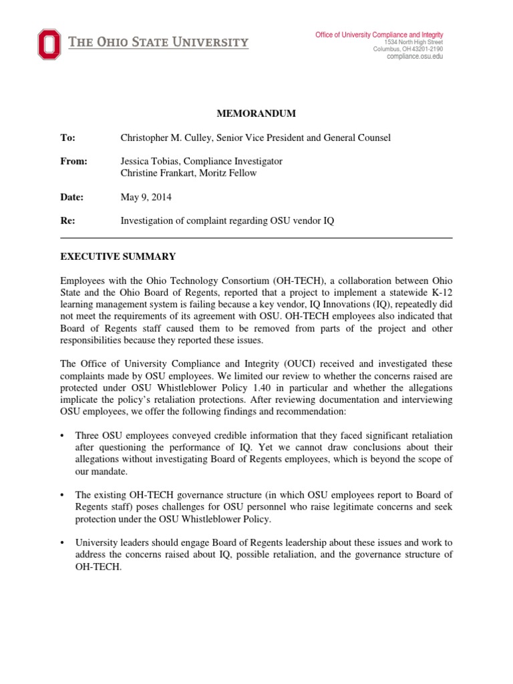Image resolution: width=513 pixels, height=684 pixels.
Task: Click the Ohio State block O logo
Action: pos(49,44)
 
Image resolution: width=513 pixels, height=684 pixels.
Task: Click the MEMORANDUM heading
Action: pos(257,114)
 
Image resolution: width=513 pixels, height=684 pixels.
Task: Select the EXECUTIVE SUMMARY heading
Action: pos(118,256)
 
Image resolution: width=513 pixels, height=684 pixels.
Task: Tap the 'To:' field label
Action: pos(67,138)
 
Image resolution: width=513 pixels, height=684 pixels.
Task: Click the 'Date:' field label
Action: pos(71,197)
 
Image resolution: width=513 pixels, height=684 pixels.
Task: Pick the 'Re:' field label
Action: pos(67,220)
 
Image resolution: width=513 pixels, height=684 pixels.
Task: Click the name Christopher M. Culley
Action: pos(167,138)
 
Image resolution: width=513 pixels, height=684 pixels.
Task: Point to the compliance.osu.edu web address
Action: pos(415,57)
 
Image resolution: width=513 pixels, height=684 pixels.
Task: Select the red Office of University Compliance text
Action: pos(379,35)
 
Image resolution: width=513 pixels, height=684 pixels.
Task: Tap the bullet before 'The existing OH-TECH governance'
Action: pos(63,495)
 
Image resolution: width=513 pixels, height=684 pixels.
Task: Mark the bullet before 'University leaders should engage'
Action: pos(63,543)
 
